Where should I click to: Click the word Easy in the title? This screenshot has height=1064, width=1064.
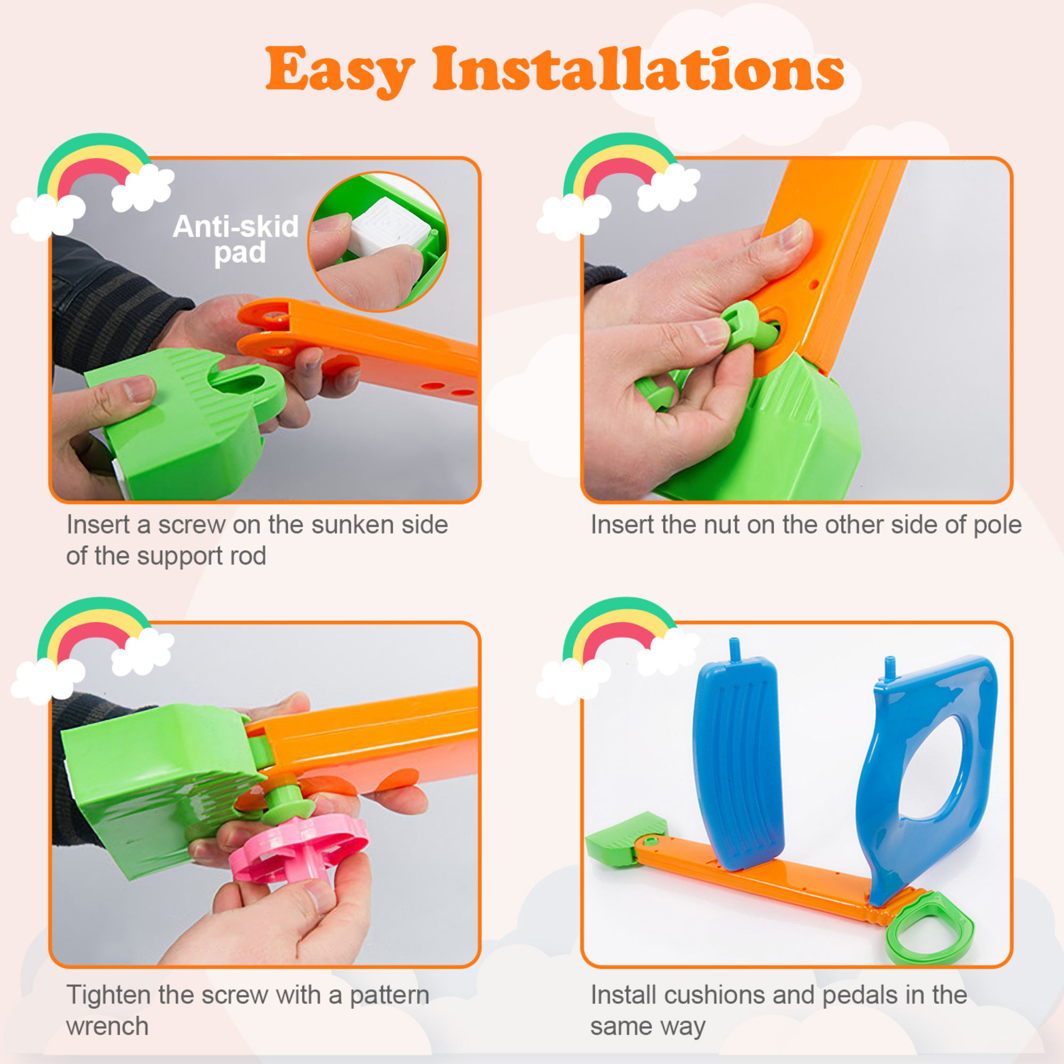click(339, 71)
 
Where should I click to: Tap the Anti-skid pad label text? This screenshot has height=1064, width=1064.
click(236, 239)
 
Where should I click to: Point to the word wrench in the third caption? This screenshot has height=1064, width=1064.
click(107, 1026)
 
